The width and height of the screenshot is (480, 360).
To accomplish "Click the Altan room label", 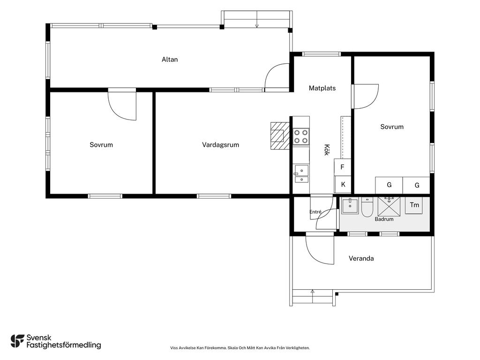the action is (x=170, y=60).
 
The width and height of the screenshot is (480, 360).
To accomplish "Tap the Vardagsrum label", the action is (x=220, y=145).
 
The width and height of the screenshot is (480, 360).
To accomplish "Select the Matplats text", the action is (x=322, y=88).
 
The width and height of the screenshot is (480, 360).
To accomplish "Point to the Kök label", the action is (x=327, y=150).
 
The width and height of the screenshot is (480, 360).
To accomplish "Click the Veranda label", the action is (x=361, y=258).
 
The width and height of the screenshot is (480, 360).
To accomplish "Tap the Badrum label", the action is (x=384, y=219).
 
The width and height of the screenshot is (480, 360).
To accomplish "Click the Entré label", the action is (x=315, y=212).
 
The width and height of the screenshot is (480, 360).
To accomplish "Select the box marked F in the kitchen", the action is (x=342, y=167).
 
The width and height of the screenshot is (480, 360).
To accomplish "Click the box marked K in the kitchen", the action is (x=343, y=184).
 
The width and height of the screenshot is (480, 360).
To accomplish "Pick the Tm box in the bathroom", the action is (x=414, y=205).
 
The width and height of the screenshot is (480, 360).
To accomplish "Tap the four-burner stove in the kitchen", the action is (x=301, y=137).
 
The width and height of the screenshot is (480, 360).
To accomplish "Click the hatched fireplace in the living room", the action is (x=280, y=135).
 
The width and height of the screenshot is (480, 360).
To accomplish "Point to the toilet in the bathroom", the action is (x=367, y=207).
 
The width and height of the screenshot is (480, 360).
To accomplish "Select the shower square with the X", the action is (x=389, y=207).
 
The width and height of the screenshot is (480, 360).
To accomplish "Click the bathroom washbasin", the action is (x=350, y=205).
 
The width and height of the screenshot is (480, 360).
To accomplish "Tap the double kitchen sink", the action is (x=301, y=174).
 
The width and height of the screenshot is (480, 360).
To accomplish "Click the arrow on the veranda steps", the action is (x=312, y=296).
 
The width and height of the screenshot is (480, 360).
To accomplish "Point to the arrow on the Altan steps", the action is (x=257, y=19).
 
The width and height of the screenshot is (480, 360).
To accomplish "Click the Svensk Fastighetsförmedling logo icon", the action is (x=17, y=341).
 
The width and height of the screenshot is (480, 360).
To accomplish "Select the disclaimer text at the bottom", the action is (x=240, y=348).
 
